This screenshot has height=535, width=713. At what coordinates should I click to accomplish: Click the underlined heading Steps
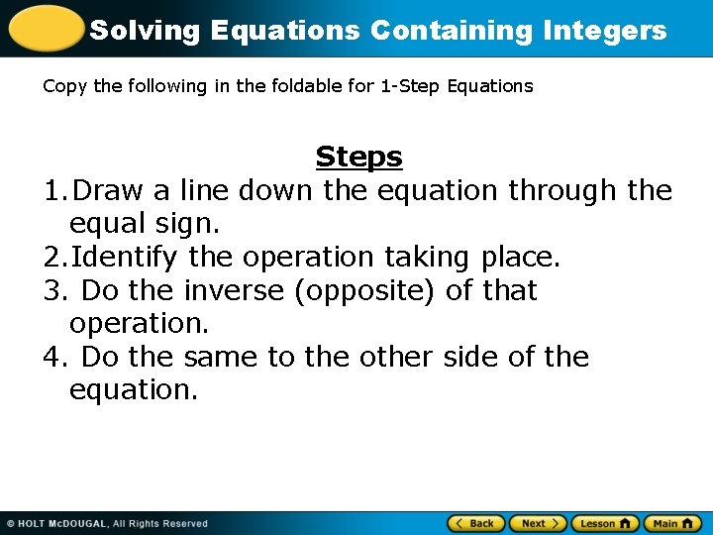click(x=358, y=157)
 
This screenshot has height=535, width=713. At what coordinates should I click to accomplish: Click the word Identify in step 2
click(x=126, y=258)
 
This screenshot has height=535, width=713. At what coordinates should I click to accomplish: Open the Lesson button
click(x=605, y=523)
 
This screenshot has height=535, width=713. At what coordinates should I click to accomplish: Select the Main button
click(x=672, y=523)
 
